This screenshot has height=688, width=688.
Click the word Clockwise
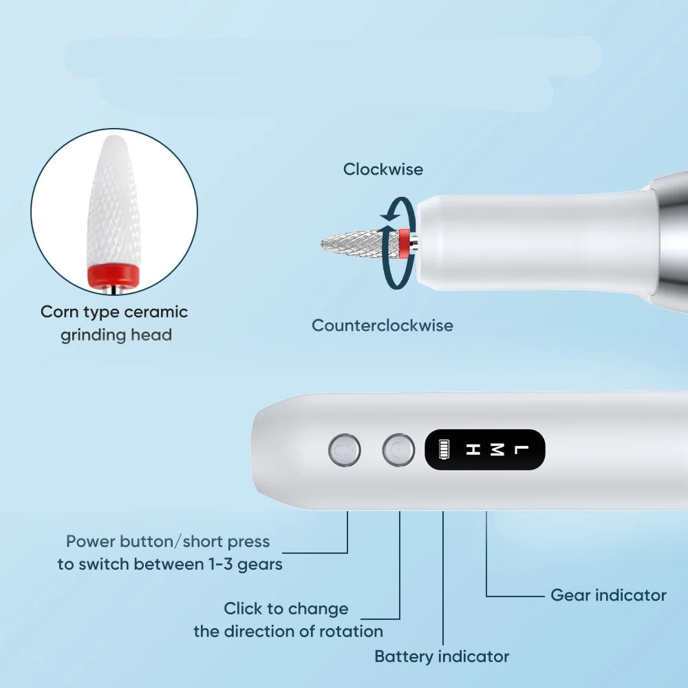pos(383,169)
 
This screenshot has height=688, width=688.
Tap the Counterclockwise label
pos(382,325)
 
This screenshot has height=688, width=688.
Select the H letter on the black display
pos(473,449)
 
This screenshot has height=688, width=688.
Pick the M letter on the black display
pos(496,449)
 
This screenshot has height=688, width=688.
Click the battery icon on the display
pos(444,449)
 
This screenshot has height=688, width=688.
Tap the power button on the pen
pos(345,450)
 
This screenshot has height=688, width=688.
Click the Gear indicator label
pos(608,595)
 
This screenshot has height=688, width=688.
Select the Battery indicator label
pos(442,657)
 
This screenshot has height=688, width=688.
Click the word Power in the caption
pos(91,541)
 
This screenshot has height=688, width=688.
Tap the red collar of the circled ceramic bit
pos(114,276)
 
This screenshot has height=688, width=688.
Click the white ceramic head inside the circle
pos(114,201)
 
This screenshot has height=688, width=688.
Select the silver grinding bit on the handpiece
pos(361,244)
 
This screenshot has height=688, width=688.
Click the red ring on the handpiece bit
pos(404,244)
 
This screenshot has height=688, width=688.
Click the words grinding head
pos(116,335)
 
